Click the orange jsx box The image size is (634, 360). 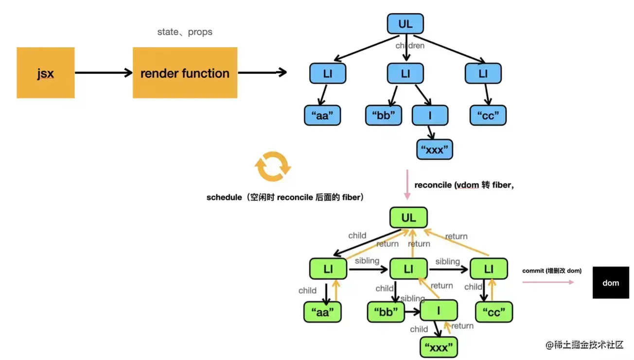point(45,73)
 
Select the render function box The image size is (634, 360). point(185,73)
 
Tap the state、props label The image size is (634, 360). point(185,32)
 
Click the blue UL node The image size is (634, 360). point(405,24)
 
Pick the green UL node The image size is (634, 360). point(408,218)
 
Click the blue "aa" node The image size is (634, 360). point(322,116)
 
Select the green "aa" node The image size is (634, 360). point(322,312)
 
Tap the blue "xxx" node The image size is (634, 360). point(434,150)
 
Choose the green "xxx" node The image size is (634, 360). point(439,347)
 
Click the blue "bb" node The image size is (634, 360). point(384,116)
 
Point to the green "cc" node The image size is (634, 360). point(493,312)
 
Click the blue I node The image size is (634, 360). point(430,116)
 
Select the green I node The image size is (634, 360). point(439,310)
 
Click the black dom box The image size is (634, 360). point(611,283)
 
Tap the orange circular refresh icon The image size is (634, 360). point(273,166)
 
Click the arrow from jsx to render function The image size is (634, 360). point(104,73)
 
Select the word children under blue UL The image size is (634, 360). point(410,46)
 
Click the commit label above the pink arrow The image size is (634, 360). point(552,270)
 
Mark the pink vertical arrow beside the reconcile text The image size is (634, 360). point(407,185)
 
